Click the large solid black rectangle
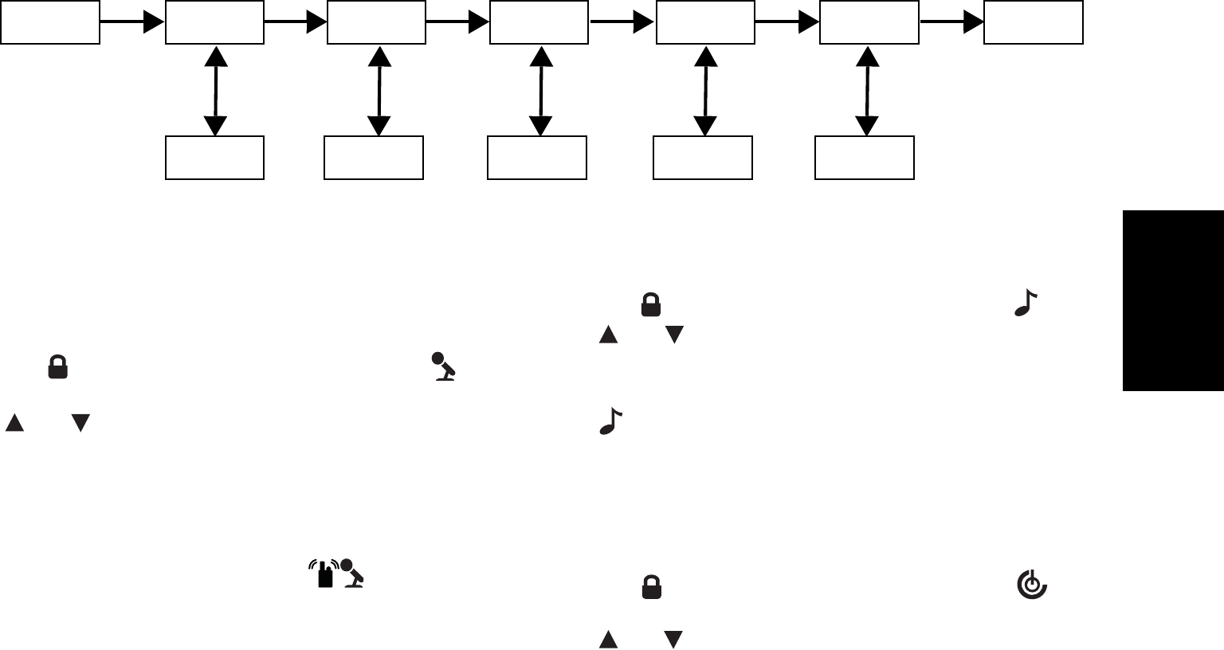point(1173,300)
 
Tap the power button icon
point(1031,585)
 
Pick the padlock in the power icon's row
point(652,587)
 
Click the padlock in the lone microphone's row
point(57,367)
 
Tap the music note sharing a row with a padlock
point(1026,303)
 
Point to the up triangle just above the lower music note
point(608,335)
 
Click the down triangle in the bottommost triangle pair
point(673,639)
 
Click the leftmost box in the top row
point(50,22)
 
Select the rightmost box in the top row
point(1034,22)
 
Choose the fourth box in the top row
point(539,22)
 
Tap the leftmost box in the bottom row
point(214,158)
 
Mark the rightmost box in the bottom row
point(865,158)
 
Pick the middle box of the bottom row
point(537,158)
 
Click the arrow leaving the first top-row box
point(132,22)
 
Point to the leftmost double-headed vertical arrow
point(215,91)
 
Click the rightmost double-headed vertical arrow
point(867,91)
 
